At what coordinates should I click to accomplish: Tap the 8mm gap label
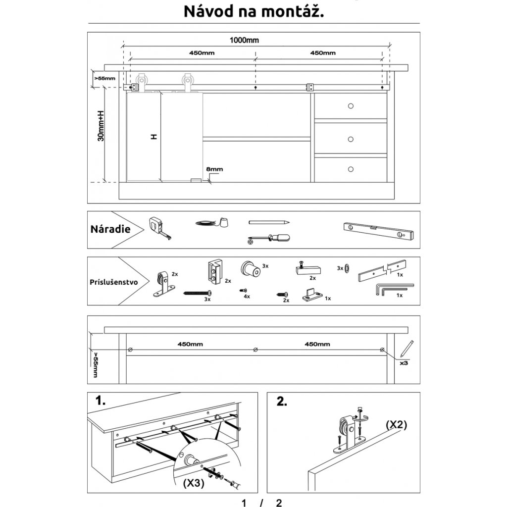tap(214, 169)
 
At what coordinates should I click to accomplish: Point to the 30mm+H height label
tap(101, 126)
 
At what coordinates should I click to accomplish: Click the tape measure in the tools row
tap(159, 228)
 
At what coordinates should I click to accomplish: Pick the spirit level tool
tap(378, 230)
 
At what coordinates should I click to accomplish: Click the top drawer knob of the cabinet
tap(351, 106)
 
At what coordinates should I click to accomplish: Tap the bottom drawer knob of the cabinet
tap(351, 168)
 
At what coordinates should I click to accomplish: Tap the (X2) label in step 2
tap(396, 425)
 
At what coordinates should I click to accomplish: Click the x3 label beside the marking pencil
tap(404, 362)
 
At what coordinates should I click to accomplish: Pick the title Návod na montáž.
tap(254, 11)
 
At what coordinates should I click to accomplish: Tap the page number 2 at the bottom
tap(279, 503)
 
